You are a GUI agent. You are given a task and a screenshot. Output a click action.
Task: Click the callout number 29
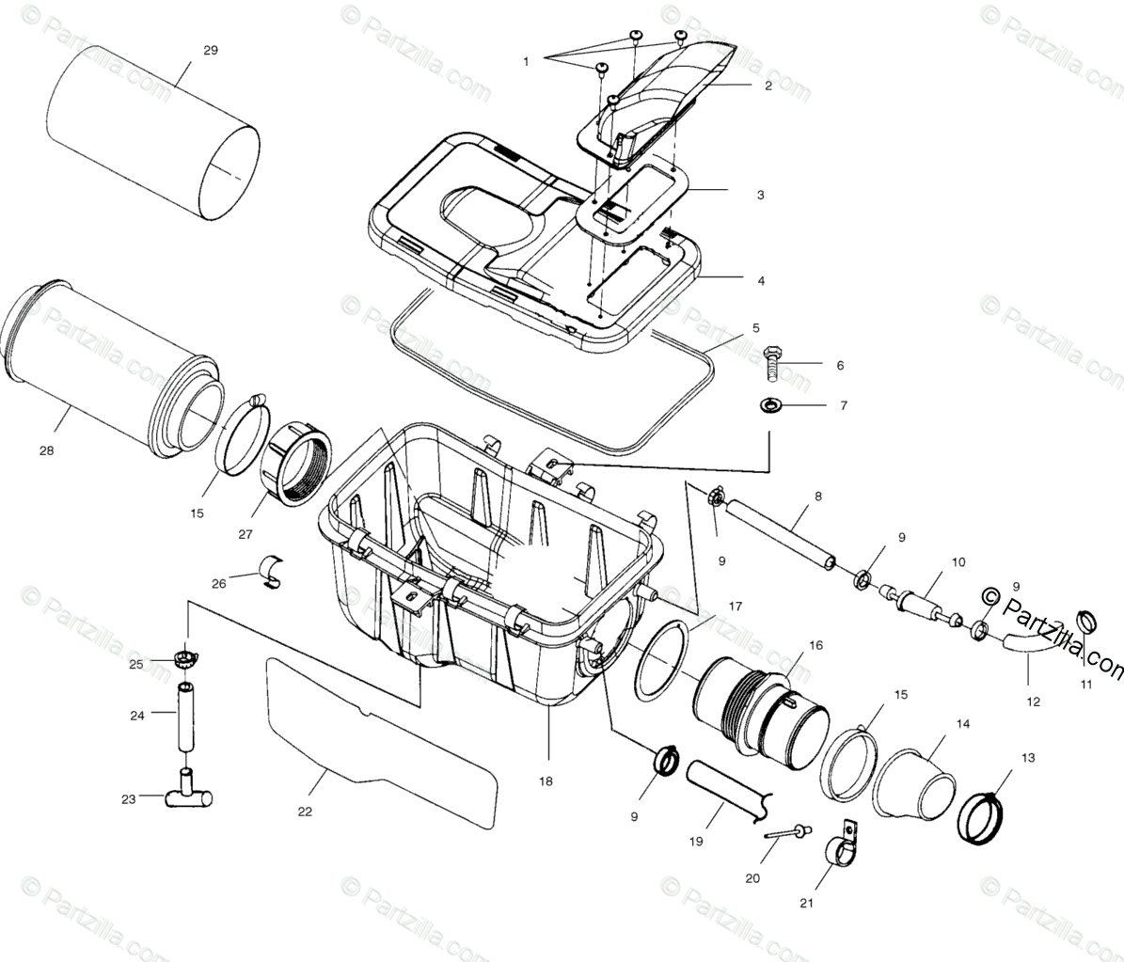[210, 50]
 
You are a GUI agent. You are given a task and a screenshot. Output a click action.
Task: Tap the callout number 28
[46, 450]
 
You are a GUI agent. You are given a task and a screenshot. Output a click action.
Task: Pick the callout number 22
[305, 812]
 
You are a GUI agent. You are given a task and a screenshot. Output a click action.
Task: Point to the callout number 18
[546, 781]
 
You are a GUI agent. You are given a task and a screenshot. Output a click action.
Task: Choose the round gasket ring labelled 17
[661, 660]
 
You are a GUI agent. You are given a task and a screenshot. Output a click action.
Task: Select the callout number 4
[760, 280]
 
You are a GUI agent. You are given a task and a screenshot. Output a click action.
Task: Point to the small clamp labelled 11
[1086, 622]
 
